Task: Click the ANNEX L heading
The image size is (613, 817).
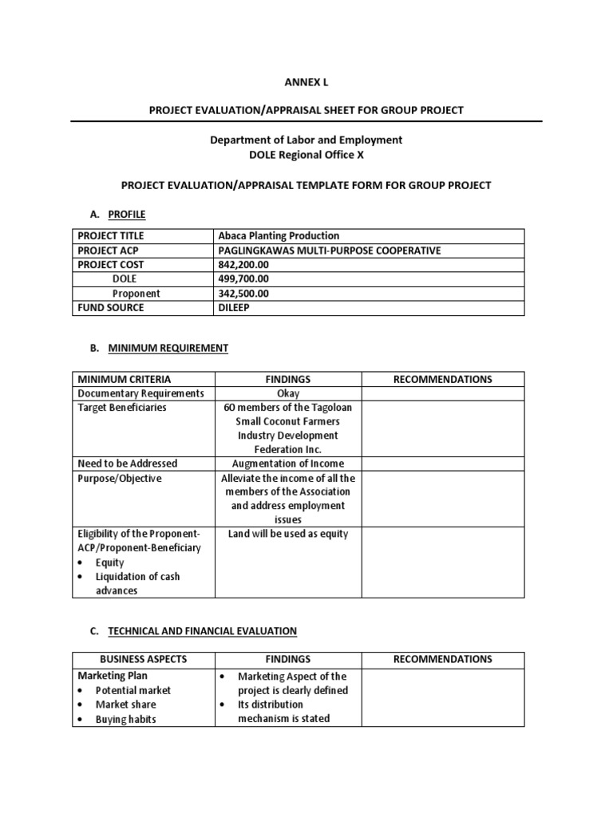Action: tap(306, 82)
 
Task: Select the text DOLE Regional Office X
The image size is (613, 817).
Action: tap(306, 154)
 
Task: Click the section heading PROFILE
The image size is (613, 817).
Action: tap(127, 214)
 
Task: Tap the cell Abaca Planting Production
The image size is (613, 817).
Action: tap(279, 236)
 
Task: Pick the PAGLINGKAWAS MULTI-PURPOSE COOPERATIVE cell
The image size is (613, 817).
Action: tap(329, 251)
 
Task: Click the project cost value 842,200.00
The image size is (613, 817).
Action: tap(243, 265)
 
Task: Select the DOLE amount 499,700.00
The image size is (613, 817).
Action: tap(243, 279)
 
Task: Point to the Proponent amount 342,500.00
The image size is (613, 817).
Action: tap(243, 294)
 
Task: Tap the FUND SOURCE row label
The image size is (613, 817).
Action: tap(111, 308)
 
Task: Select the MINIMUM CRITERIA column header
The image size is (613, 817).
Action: tap(124, 379)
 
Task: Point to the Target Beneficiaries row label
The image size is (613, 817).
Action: tap(122, 408)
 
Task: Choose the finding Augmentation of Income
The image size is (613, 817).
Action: tap(288, 464)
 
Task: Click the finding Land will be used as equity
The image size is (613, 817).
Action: tap(288, 534)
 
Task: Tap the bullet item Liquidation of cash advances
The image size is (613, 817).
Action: tap(137, 584)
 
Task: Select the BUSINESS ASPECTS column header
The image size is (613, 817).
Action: tap(143, 660)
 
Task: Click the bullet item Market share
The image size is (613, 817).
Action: tap(125, 705)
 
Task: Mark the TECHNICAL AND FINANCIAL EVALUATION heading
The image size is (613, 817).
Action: tap(202, 631)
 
